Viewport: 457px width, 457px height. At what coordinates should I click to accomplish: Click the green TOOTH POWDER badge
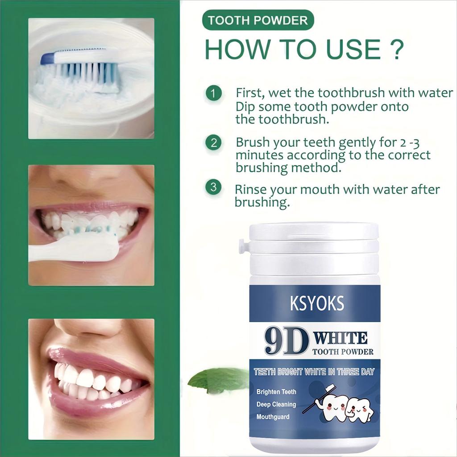[258, 21]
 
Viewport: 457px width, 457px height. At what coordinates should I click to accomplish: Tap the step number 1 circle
[213, 94]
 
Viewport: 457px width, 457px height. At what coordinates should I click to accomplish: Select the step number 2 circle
[213, 143]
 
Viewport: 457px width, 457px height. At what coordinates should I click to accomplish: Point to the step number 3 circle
[213, 187]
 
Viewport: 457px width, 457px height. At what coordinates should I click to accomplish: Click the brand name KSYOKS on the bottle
[317, 303]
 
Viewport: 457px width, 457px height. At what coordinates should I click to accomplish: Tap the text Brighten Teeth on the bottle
[276, 392]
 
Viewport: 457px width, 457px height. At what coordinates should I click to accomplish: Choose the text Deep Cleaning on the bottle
[276, 404]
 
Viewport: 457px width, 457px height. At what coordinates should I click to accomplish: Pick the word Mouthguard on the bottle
[273, 417]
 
